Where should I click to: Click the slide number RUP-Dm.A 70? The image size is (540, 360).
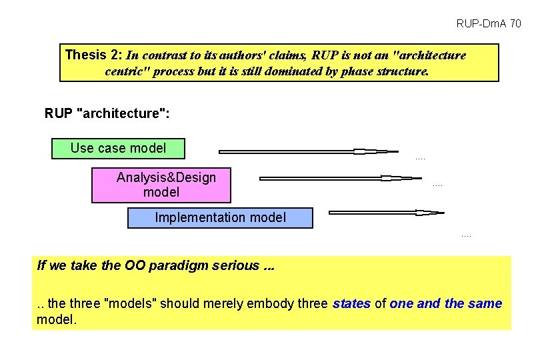(x=489, y=24)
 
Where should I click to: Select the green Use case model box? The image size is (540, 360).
(x=118, y=148)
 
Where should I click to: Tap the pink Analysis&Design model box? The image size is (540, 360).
(x=161, y=185)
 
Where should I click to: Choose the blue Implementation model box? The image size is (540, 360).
(x=220, y=217)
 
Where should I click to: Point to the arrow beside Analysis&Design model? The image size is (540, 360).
(x=340, y=178)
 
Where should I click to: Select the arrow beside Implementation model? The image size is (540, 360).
(x=386, y=213)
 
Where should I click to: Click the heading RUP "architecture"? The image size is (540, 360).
(x=107, y=113)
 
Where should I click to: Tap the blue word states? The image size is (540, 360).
(x=351, y=304)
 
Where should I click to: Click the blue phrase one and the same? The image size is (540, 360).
(x=446, y=304)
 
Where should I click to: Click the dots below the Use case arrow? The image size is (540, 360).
(x=420, y=159)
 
